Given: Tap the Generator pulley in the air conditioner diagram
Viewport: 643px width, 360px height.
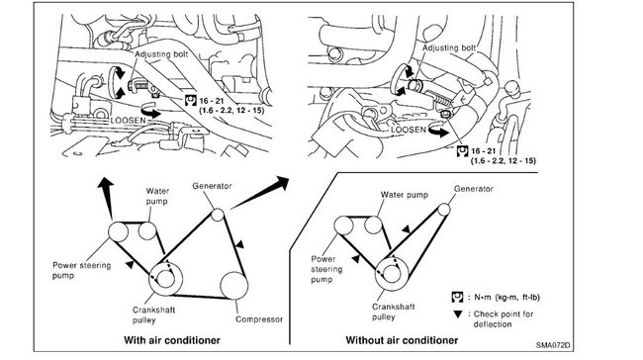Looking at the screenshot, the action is click(218, 215).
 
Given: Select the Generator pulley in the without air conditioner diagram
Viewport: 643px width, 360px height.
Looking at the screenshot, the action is click(444, 210).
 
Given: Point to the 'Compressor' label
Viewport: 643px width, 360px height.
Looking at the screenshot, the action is click(259, 319).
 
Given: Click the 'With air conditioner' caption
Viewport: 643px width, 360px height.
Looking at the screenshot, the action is click(172, 340).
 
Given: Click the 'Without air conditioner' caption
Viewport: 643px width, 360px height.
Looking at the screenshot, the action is click(402, 340).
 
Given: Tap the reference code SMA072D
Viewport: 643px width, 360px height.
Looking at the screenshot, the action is click(553, 345).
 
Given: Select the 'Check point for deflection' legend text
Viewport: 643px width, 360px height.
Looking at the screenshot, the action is click(504, 319).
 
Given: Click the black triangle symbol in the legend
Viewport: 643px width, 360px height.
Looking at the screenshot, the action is click(458, 315).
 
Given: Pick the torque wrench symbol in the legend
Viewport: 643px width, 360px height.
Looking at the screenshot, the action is click(457, 297).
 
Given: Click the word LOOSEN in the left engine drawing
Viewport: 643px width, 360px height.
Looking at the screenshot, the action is click(128, 121).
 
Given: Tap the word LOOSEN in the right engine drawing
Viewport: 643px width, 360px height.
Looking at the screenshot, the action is click(409, 130).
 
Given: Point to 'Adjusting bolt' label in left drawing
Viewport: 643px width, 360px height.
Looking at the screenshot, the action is click(161, 54).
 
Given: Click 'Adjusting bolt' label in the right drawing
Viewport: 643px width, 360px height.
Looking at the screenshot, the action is click(449, 47).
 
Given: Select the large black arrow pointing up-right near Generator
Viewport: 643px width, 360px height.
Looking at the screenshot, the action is click(259, 192).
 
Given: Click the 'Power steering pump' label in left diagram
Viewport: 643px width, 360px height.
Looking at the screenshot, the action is click(81, 270).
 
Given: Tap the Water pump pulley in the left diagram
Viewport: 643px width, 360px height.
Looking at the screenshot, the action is click(146, 230).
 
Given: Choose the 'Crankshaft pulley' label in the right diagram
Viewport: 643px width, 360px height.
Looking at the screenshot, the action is click(394, 312).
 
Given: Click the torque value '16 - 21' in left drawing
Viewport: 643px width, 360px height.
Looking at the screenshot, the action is click(211, 101).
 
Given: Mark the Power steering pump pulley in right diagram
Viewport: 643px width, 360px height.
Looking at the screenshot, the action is click(343, 225).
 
